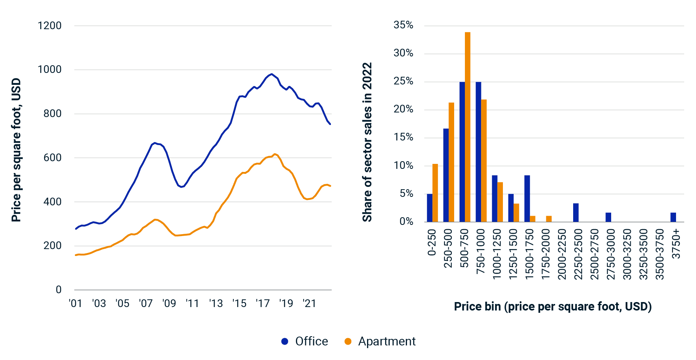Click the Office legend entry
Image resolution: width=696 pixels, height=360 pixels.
[x=305, y=341]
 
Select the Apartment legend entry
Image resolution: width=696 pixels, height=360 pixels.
[x=380, y=341]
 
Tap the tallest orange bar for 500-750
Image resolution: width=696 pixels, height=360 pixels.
[x=468, y=127]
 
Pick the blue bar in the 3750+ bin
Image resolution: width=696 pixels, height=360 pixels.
[x=673, y=217]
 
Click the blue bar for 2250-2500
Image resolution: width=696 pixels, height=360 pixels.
[x=576, y=213]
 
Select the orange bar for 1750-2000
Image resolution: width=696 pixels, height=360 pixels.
[x=549, y=219]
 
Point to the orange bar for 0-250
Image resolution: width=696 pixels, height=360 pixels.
[x=435, y=193]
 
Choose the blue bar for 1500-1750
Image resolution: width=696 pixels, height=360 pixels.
[x=527, y=198]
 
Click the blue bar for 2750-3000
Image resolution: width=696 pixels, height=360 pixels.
[x=608, y=217]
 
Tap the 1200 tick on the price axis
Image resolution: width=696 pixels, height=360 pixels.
[x=50, y=26]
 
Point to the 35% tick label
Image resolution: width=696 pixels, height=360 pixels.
[x=403, y=25]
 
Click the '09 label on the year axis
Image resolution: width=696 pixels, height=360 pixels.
[x=169, y=304]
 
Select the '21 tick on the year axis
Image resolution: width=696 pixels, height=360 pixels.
[x=309, y=304]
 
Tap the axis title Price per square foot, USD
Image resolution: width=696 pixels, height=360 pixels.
[x=16, y=150]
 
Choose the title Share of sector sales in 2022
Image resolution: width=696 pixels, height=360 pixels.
[x=367, y=142]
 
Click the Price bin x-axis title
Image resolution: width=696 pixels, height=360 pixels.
[x=553, y=306]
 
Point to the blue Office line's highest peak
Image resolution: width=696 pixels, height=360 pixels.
[x=271, y=74]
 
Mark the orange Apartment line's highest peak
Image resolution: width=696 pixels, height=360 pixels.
[x=274, y=154]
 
